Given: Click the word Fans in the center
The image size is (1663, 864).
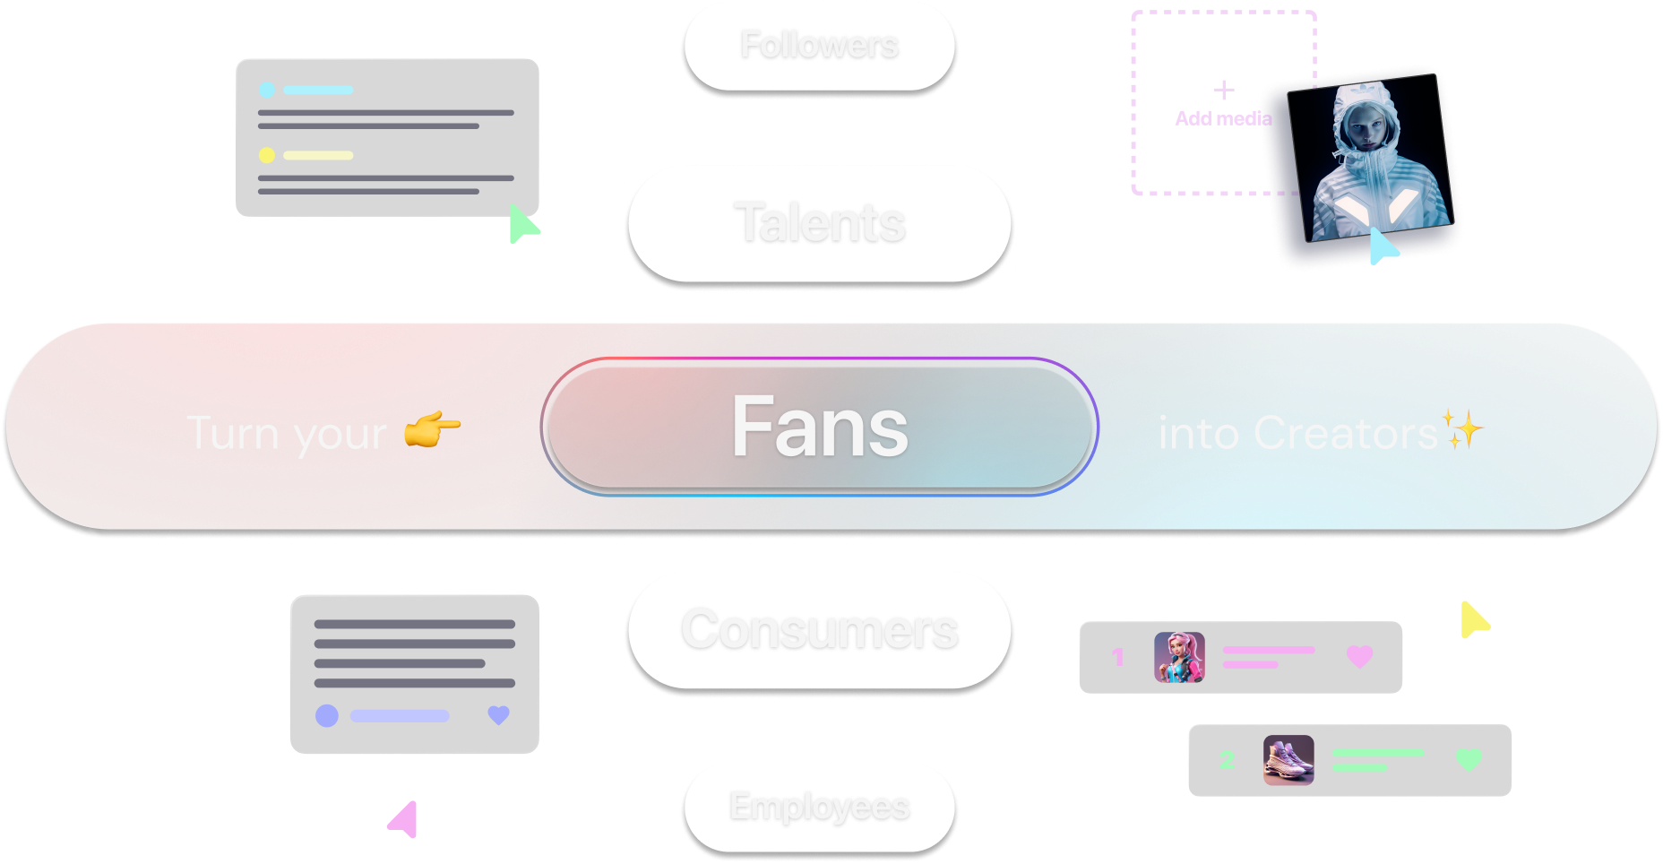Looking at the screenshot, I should tap(819, 428).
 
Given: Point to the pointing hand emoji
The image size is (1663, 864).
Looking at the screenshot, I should tap(432, 430).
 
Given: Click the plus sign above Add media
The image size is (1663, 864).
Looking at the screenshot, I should tap(1224, 90).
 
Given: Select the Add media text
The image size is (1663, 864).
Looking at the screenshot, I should tap(1223, 118).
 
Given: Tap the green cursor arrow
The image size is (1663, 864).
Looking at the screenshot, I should tap(521, 224).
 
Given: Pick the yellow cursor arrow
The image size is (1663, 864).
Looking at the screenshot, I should tap(1472, 620).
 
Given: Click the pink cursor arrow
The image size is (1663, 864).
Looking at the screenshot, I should tap(405, 819).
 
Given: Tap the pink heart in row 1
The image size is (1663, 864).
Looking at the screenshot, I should tap(1359, 657).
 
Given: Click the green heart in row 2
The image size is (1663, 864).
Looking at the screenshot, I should tap(1469, 760).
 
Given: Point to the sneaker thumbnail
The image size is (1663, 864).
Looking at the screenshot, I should tap(1288, 760).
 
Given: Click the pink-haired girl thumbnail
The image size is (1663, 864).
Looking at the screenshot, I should tap(1179, 657).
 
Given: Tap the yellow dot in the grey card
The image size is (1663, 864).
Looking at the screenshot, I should tap(267, 155).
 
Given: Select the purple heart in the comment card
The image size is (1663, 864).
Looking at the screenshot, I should tap(498, 715).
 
